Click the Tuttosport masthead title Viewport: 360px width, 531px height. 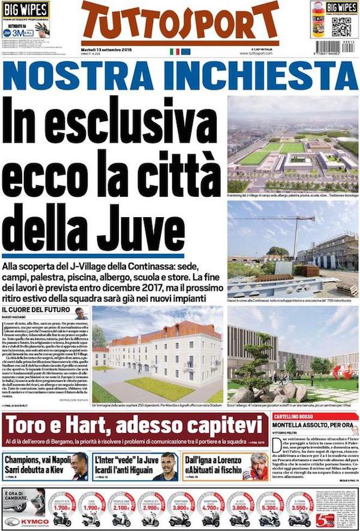180,23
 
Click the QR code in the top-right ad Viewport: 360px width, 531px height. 341,26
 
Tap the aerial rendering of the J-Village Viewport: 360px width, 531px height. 292,144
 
